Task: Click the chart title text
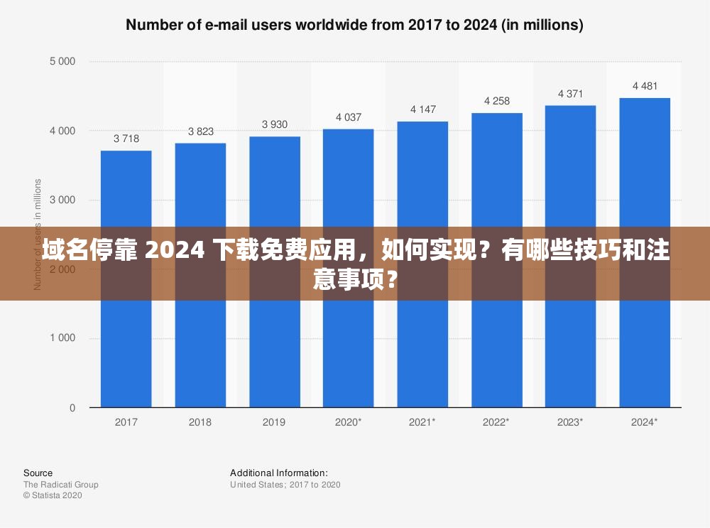click(x=354, y=25)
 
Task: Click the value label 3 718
click(x=126, y=139)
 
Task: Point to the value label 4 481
click(x=645, y=86)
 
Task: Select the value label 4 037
click(x=349, y=117)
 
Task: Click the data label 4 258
click(x=497, y=101)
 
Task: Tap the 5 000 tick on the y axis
click(x=62, y=61)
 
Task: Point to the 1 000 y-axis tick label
click(x=62, y=338)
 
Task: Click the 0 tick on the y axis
click(x=72, y=408)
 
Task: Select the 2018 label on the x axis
click(x=200, y=422)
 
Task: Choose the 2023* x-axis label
click(x=570, y=422)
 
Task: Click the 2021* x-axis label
click(x=422, y=422)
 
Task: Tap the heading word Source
click(x=38, y=473)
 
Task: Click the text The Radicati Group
click(x=60, y=485)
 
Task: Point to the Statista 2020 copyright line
click(x=53, y=495)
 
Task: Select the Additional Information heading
click(x=279, y=473)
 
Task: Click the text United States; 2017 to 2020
click(x=285, y=485)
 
